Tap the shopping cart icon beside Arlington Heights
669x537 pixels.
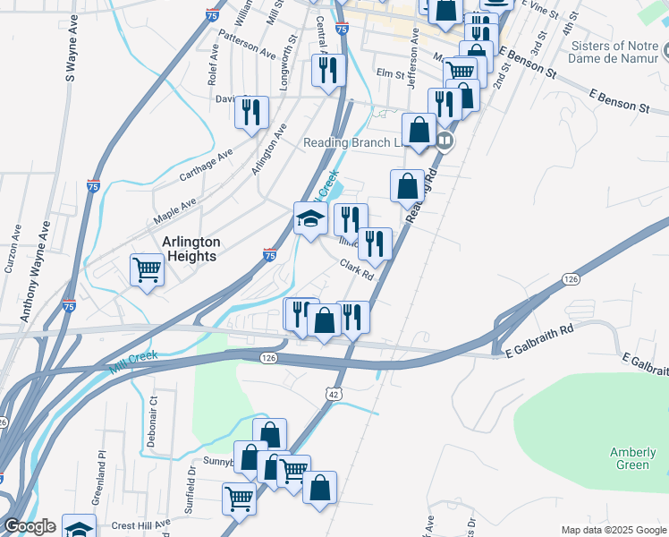point(147,268)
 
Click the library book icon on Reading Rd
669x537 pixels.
point(445,141)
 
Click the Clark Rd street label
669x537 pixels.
point(356,268)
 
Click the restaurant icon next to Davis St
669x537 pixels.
point(250,112)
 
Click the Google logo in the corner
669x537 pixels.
point(30,526)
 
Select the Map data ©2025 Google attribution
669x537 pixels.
point(613,530)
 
